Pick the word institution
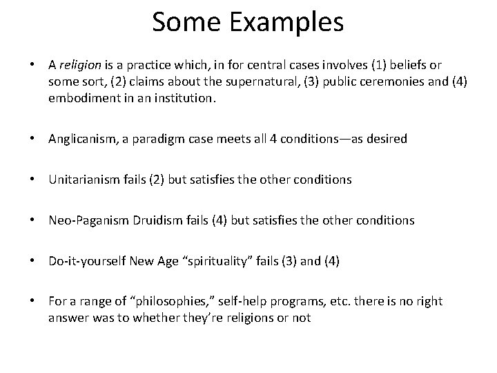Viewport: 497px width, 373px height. [180, 98]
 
